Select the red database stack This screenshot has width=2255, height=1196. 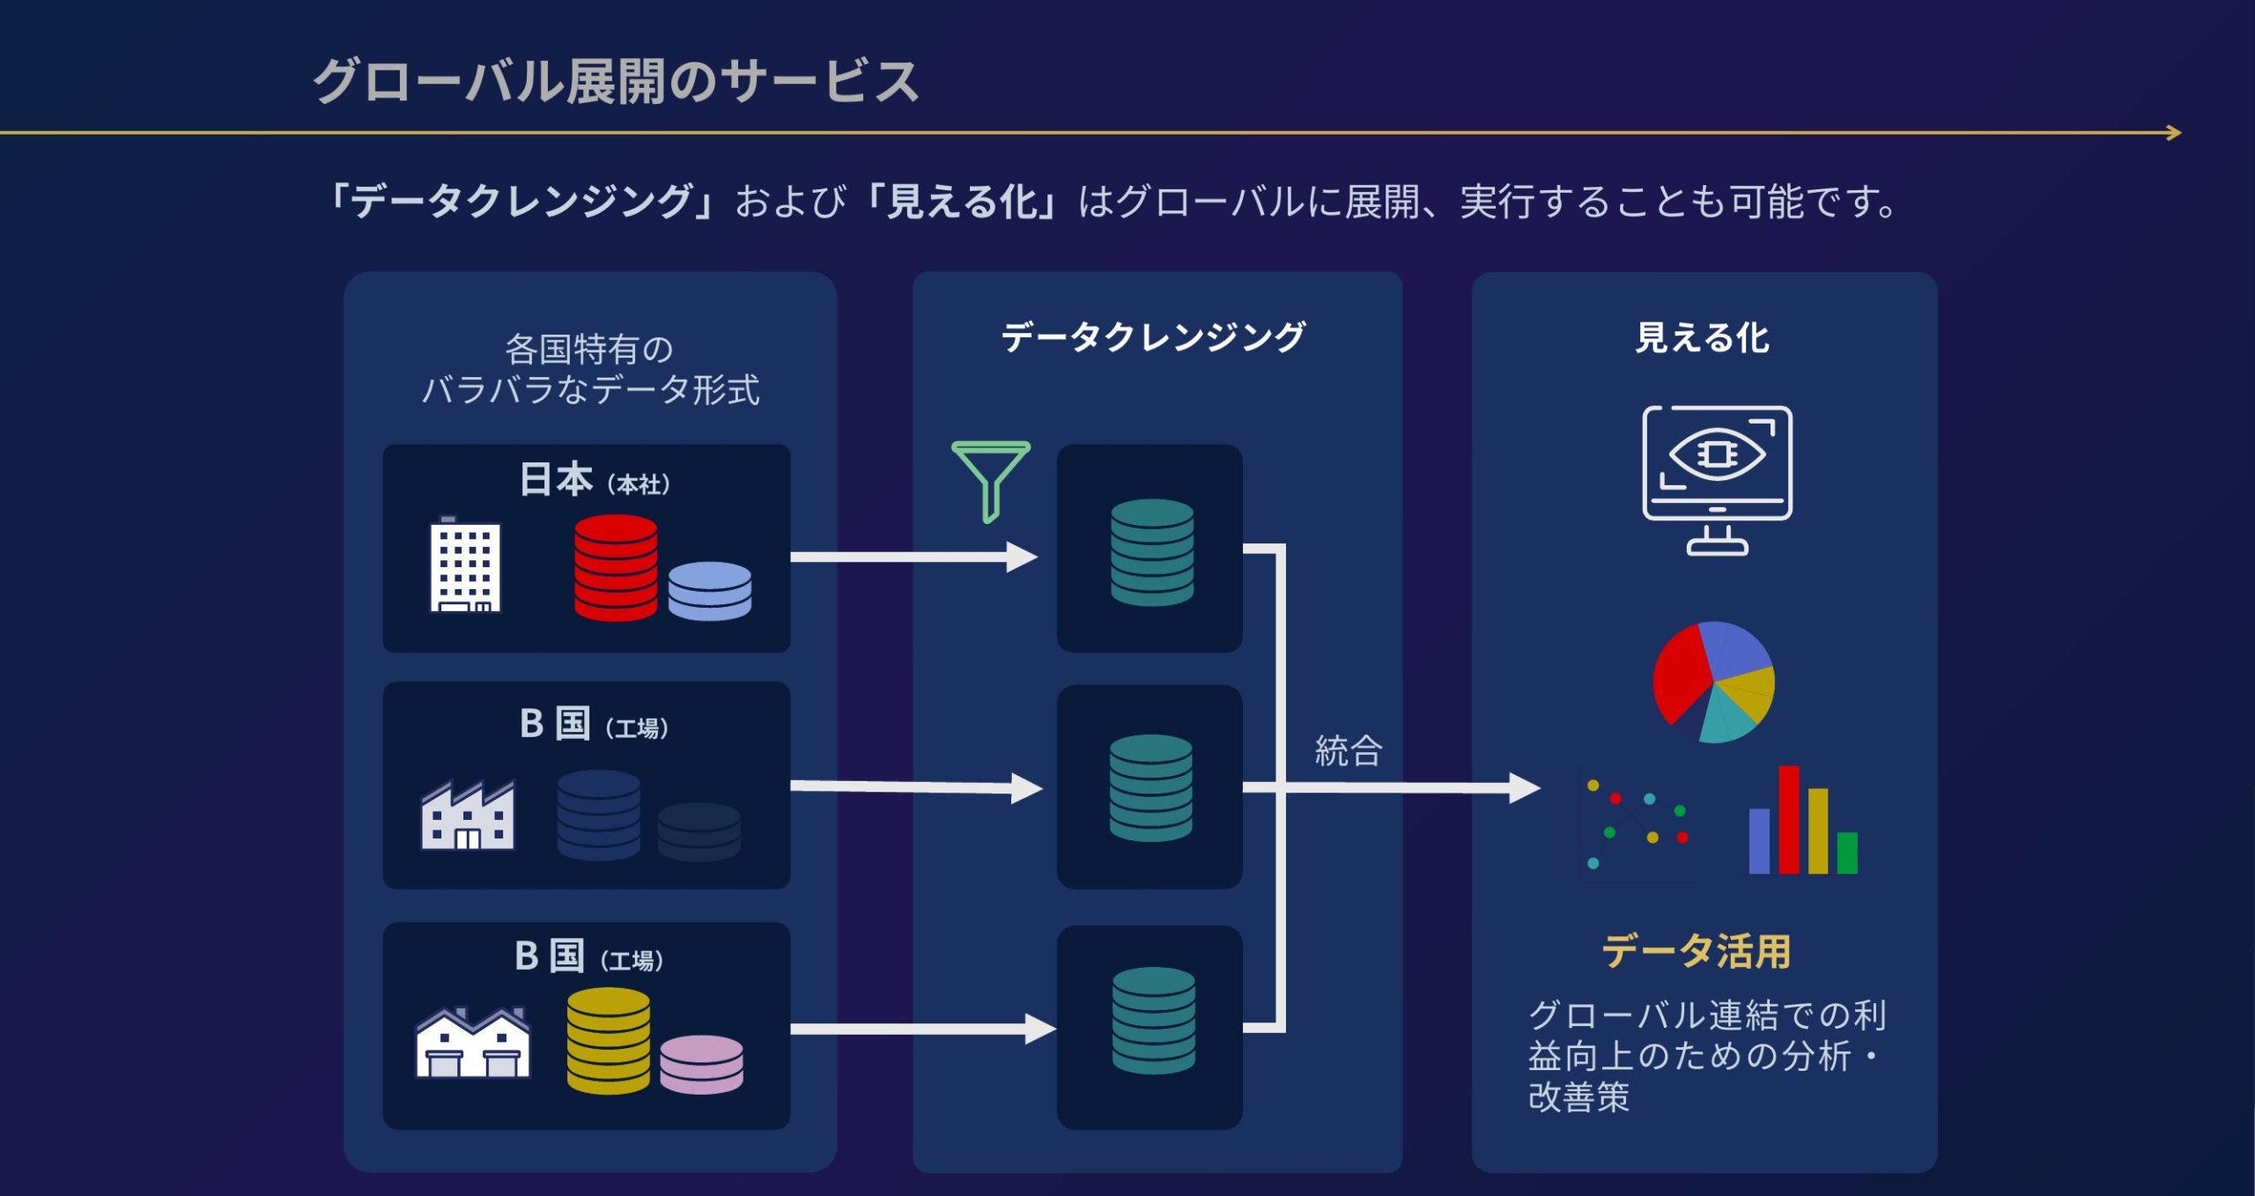pos(615,567)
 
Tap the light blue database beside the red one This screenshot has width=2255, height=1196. pos(709,590)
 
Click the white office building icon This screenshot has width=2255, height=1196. pos(465,565)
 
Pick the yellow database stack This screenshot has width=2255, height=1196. pos(608,1040)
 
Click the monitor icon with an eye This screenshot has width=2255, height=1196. pos(1717,479)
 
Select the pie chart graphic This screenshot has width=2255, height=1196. pos(1713,683)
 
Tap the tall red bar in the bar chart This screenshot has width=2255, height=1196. pos(1788,819)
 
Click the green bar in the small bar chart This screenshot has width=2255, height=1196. pos(1847,853)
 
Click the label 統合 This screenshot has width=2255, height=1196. pos(1349,751)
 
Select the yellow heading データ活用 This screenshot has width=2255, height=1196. pos(1696,952)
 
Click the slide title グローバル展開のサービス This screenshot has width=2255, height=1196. pos(616,82)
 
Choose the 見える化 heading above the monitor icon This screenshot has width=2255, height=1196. pos(1702,338)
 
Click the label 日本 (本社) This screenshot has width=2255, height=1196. pos(595,481)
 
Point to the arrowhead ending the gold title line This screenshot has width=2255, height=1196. pos(2174,133)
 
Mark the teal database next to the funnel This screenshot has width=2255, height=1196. pos(1151,552)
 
